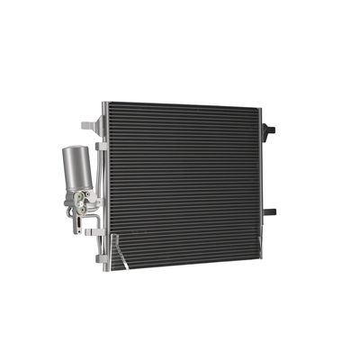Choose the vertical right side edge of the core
258,180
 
